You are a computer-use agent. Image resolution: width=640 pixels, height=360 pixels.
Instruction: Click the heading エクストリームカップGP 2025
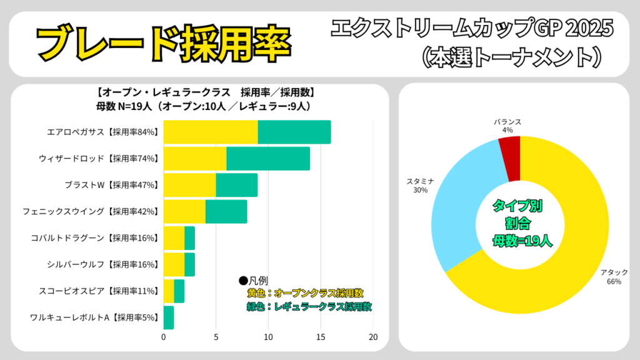(x=472, y=27)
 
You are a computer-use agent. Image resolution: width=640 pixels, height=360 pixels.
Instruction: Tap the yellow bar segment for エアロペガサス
(x=211, y=132)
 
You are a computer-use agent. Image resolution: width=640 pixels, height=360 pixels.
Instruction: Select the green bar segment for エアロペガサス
(x=294, y=132)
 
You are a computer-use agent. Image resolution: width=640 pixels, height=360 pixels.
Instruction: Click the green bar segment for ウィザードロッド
(x=268, y=159)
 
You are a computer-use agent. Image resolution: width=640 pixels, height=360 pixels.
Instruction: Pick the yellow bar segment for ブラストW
(x=189, y=186)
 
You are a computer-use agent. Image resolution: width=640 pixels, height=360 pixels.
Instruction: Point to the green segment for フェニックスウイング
(x=226, y=212)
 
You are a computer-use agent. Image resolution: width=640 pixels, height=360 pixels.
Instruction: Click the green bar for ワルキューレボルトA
(x=169, y=317)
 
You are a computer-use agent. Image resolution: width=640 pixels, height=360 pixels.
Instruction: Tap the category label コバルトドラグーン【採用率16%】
(x=94, y=238)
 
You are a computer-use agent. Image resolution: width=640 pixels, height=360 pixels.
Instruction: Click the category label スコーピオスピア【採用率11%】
(x=94, y=291)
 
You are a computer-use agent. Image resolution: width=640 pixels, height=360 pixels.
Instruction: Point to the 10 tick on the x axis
(x=268, y=337)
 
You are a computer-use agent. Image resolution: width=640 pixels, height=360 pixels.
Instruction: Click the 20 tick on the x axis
(x=373, y=337)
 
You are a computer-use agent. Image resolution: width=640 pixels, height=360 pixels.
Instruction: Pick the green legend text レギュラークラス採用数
(x=309, y=307)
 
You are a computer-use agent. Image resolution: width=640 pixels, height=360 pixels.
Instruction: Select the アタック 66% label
(x=614, y=277)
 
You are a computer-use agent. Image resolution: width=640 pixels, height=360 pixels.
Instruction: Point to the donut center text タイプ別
(x=518, y=206)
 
